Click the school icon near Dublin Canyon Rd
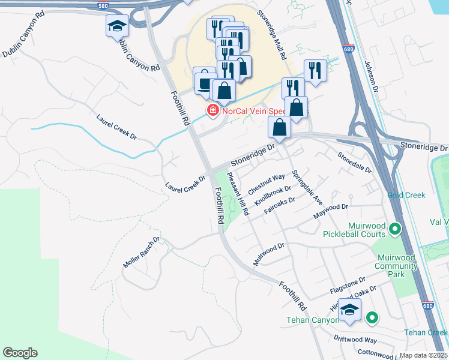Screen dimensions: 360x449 (x=118, y=26)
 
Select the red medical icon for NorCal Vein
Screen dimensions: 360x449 (x=212, y=110)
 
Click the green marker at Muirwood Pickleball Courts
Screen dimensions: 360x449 (x=395, y=229)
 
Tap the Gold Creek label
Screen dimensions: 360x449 (x=406, y=195)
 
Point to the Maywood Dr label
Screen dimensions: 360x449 (x=330, y=211)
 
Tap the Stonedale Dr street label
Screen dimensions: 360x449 (x=354, y=163)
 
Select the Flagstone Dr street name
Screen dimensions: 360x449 (x=348, y=285)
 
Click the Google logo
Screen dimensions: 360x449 (x=20, y=353)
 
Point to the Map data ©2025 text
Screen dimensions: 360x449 (x=424, y=355)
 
